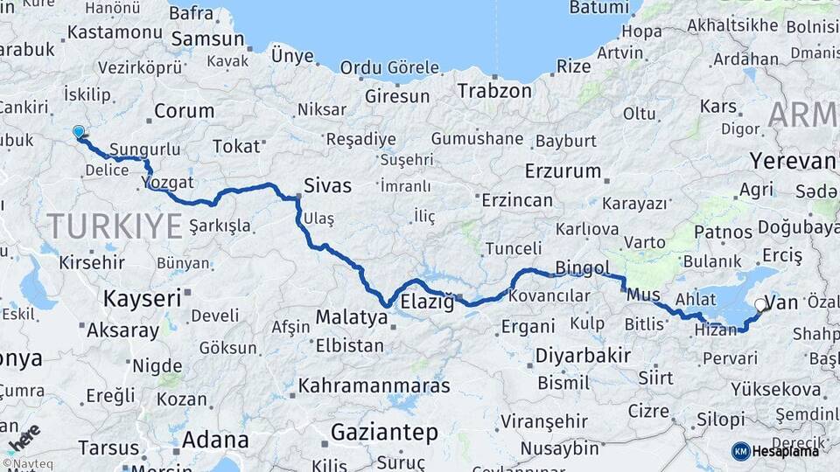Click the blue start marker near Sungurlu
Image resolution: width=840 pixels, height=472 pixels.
pyautogui.click(x=79, y=132)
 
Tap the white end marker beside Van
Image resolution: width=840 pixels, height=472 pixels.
pyautogui.click(x=759, y=305)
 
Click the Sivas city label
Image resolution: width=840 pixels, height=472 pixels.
pyautogui.click(x=327, y=185)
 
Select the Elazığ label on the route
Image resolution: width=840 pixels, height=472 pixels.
pyautogui.click(x=427, y=302)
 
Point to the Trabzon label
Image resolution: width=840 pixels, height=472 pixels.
pyautogui.click(x=495, y=90)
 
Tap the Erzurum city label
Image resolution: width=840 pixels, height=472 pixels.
pyautogui.click(x=562, y=170)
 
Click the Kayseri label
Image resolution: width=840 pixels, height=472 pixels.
pyautogui.click(x=142, y=298)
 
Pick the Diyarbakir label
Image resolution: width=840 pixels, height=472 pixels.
pyautogui.click(x=582, y=356)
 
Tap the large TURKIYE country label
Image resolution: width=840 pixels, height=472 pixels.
pyautogui.click(x=115, y=226)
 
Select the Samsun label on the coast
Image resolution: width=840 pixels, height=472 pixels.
pyautogui.click(x=207, y=39)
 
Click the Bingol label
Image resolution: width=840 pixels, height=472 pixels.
pyautogui.click(x=583, y=267)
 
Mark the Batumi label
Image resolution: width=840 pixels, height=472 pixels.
pyautogui.click(x=599, y=7)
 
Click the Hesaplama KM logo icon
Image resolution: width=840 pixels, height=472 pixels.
pyautogui.click(x=741, y=451)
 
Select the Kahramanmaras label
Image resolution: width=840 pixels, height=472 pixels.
pyautogui.click(x=374, y=385)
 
